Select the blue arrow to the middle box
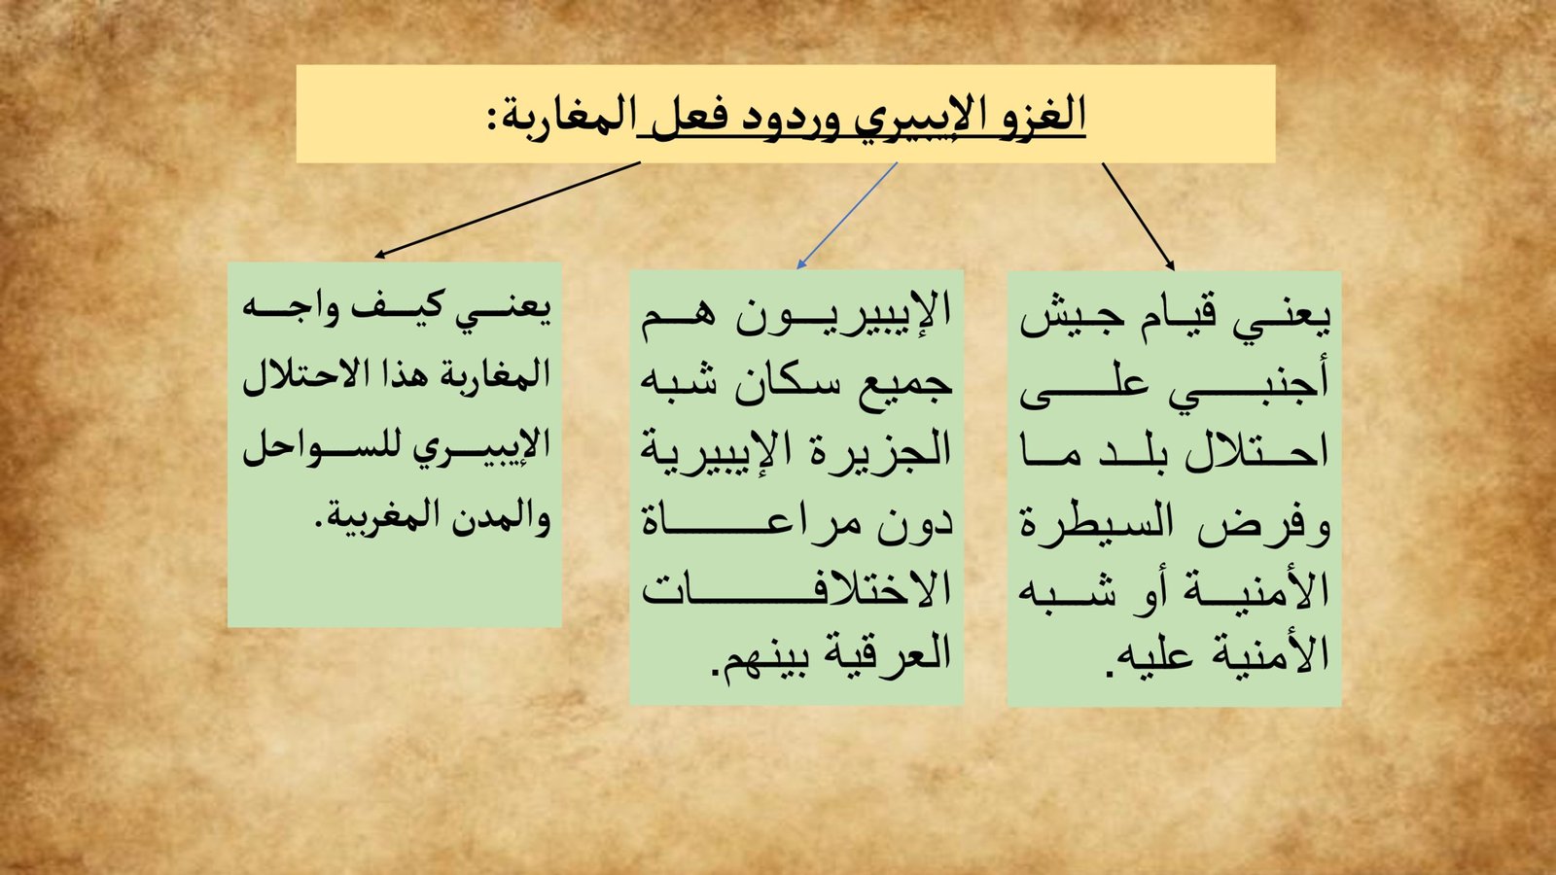(x=847, y=215)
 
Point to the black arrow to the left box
(x=507, y=210)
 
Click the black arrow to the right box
(x=1138, y=217)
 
